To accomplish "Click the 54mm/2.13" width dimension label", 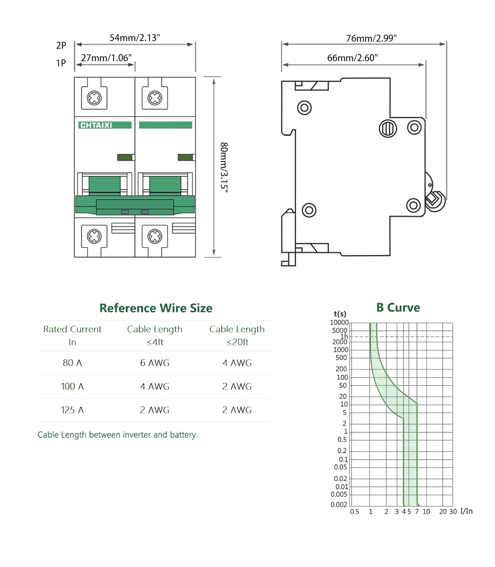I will pos(135,38).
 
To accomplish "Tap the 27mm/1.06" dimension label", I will pos(106,58).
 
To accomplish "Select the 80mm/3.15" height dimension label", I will pos(224,167).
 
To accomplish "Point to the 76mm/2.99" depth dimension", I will pos(371,38).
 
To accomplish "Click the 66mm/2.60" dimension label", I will pos(352,58).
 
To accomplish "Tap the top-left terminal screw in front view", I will pos(94,98).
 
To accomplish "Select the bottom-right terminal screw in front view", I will pos(155,237).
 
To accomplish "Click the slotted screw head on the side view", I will pos(388,129).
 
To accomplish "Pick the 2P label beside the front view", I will pos(61,45).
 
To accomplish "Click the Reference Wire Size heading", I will pos(156,308).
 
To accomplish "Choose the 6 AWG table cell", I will pos(154,363).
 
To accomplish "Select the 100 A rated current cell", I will pos(72,386).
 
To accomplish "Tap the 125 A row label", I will pos(72,410).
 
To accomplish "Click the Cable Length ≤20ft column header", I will pos(237,335).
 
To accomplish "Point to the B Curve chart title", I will pos(398,308).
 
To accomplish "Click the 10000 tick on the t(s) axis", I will pos(339,322).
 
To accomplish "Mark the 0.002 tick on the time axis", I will pos(339,505).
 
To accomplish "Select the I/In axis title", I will pos(466,511).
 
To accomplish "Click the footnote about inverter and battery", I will pos(117,435).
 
